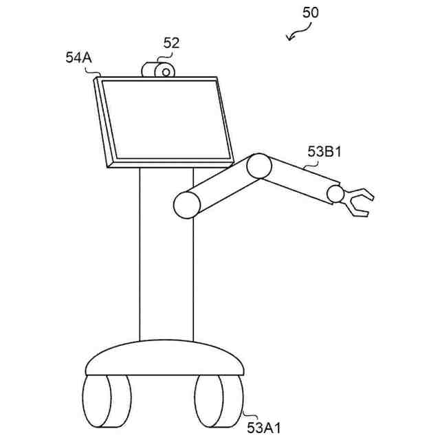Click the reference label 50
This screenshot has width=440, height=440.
pyautogui.click(x=311, y=12)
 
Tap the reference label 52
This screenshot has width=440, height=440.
pyautogui.click(x=171, y=43)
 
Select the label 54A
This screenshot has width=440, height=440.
pyautogui.click(x=78, y=58)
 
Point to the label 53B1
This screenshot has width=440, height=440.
pyautogui.click(x=324, y=152)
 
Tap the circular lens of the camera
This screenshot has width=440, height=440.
pyautogui.click(x=165, y=71)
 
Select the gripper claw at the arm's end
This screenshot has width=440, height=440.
pyautogui.click(x=359, y=202)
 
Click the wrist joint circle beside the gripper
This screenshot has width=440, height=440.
pyautogui.click(x=335, y=194)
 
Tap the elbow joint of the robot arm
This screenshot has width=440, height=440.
pyautogui.click(x=260, y=166)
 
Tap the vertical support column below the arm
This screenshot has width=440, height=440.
pyautogui.click(x=166, y=275)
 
